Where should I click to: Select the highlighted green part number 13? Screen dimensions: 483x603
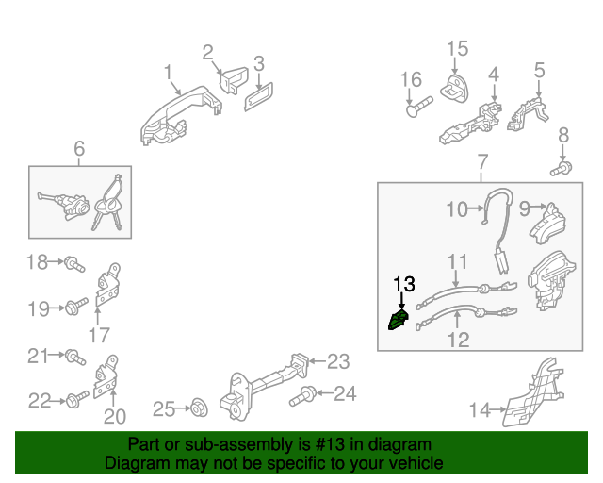pyautogui.click(x=398, y=322)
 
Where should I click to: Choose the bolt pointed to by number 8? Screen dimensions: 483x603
pyautogui.click(x=561, y=170)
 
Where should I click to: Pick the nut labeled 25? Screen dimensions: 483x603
pyautogui.click(x=199, y=408)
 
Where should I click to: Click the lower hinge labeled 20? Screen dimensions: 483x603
pyautogui.click(x=107, y=376)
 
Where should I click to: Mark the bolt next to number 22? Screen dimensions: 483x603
pyautogui.click(x=74, y=401)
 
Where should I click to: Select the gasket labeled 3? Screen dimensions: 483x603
pyautogui.click(x=257, y=96)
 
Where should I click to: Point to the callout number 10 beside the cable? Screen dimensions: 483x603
pyautogui.click(x=456, y=209)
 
